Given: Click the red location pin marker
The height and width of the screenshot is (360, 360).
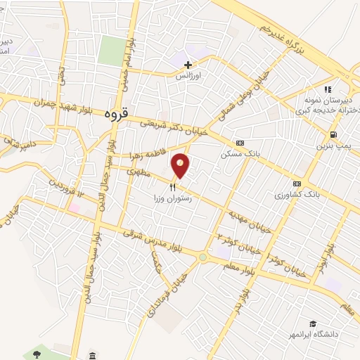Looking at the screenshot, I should point(181,166).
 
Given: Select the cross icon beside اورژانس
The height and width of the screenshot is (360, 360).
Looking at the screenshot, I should point(188,65).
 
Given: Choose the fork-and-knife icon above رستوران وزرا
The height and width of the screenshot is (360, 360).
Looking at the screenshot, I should point(172,186).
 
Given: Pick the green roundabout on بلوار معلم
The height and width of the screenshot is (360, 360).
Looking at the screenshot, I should point(203,257).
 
